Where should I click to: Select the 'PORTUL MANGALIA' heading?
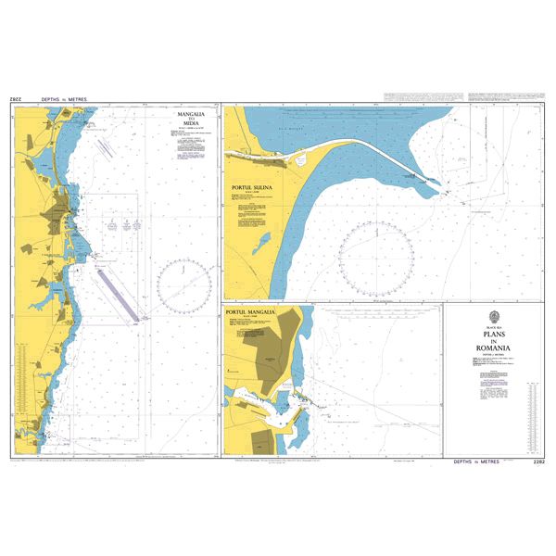point(251,313)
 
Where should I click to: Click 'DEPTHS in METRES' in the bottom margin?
point(475,461)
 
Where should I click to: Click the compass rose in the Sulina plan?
point(375,260)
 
